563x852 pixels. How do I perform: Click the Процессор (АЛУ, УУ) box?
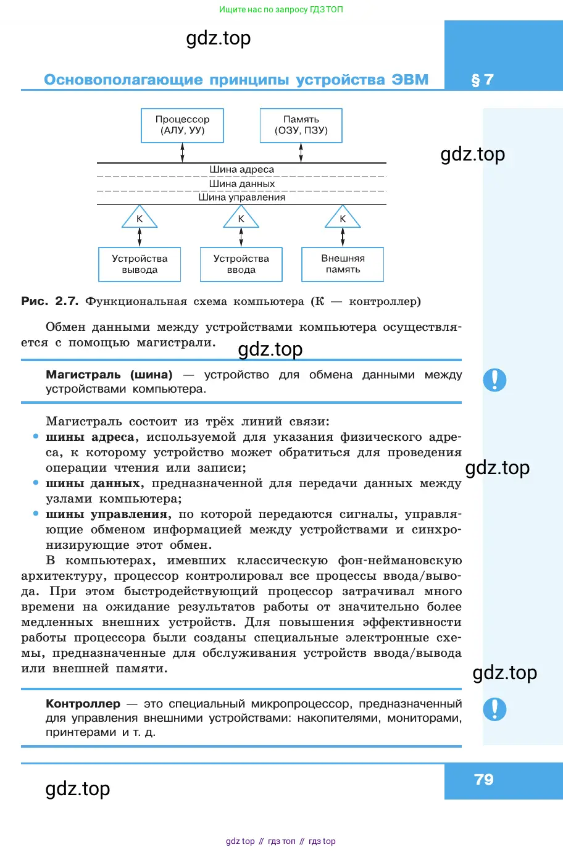pos(182,125)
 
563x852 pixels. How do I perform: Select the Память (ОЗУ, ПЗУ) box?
pos(301,125)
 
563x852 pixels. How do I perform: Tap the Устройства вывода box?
pos(140,264)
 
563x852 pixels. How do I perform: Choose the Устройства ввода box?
pos(241,264)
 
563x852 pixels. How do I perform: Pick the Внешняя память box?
pos(343,264)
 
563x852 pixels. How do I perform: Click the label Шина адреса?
pos(241,169)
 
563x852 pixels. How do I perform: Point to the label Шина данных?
pos(241,183)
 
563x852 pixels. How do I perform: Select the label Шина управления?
pos(241,198)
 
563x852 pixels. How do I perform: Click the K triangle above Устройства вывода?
pos(140,219)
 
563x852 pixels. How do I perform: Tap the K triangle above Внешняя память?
pos(343,219)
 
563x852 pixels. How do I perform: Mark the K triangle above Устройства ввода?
pos(241,219)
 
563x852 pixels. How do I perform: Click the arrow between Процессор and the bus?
pos(182,152)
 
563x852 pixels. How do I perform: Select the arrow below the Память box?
pos(301,152)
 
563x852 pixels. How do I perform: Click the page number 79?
pos(484,780)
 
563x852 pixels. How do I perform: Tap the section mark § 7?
pos(482,80)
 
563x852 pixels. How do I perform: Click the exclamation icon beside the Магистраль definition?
pos(494,380)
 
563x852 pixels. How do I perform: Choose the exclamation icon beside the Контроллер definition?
pos(494,709)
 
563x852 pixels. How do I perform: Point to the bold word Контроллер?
pos(83,704)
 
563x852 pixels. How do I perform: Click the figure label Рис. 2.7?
pos(49,301)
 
